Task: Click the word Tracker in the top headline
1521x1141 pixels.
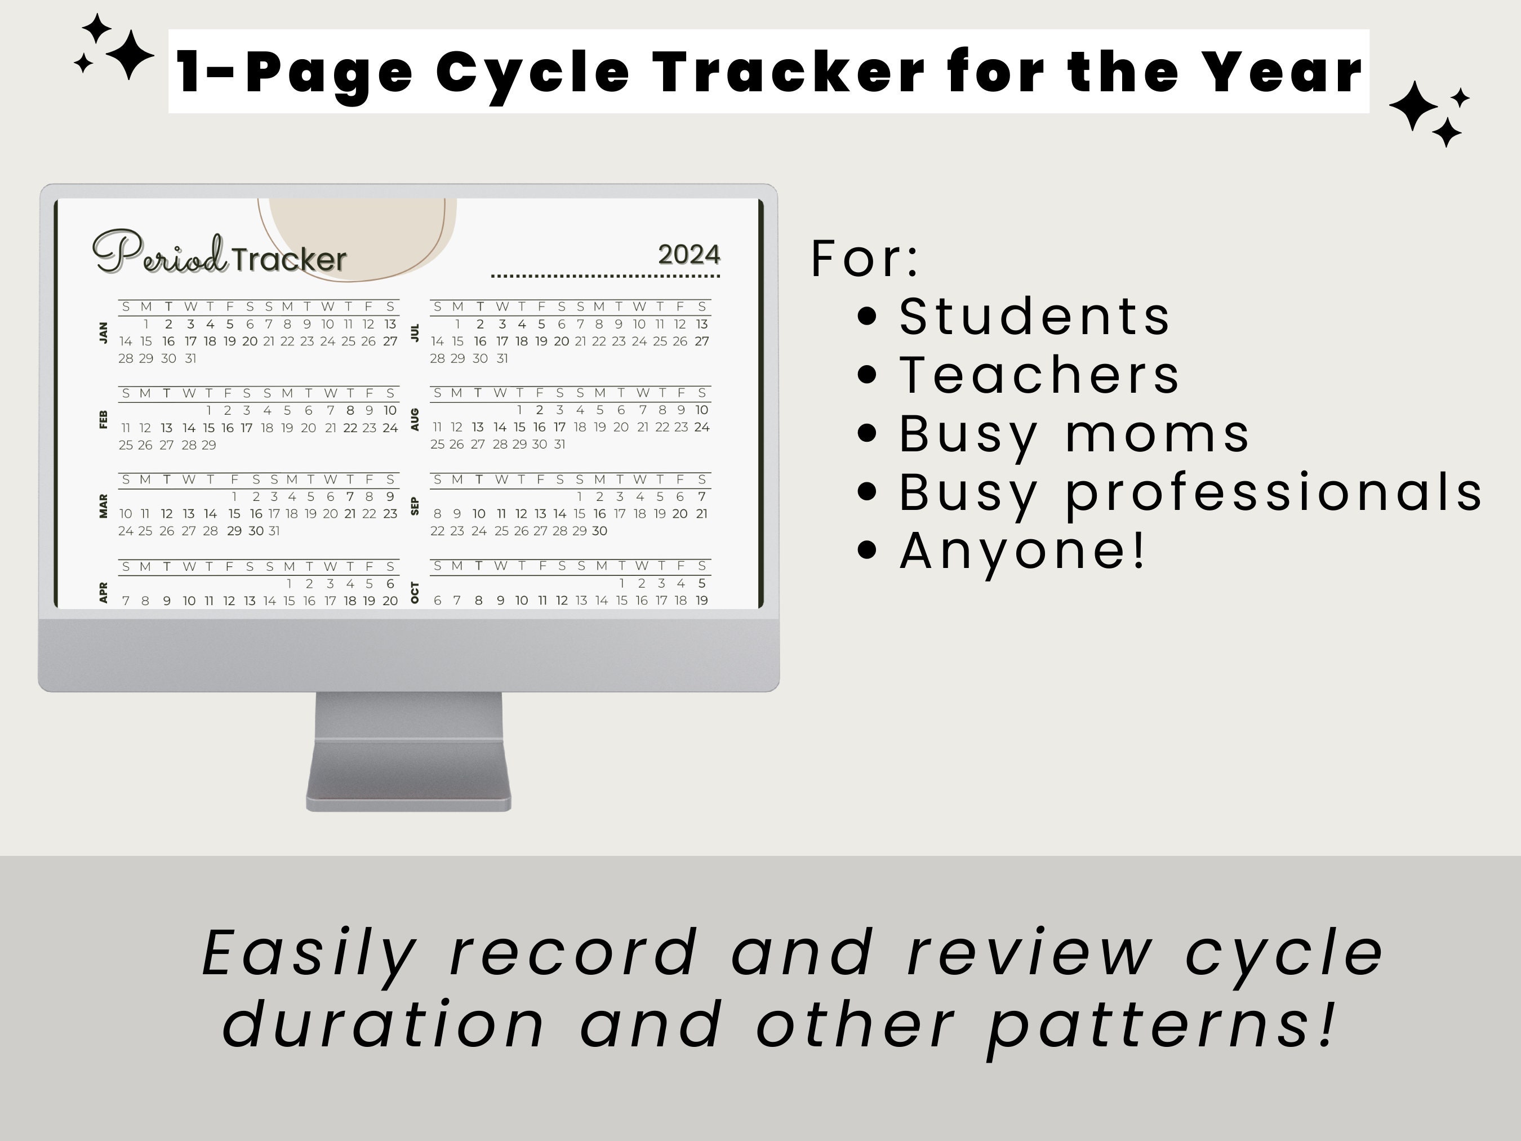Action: click(789, 72)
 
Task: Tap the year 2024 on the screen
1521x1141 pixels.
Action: click(689, 255)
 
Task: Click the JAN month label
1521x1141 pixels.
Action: click(104, 332)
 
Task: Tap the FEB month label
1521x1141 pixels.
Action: click(104, 419)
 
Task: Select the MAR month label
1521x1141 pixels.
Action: click(104, 505)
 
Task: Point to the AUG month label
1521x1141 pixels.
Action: click(415, 419)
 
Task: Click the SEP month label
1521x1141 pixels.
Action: click(415, 506)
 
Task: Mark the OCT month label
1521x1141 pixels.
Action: click(415, 592)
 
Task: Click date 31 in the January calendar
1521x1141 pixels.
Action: click(190, 358)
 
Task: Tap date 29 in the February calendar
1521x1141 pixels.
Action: click(209, 445)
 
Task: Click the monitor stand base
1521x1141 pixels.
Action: click(408, 801)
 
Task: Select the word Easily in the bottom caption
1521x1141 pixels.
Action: click(309, 953)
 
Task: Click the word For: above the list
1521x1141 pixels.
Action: click(864, 259)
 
